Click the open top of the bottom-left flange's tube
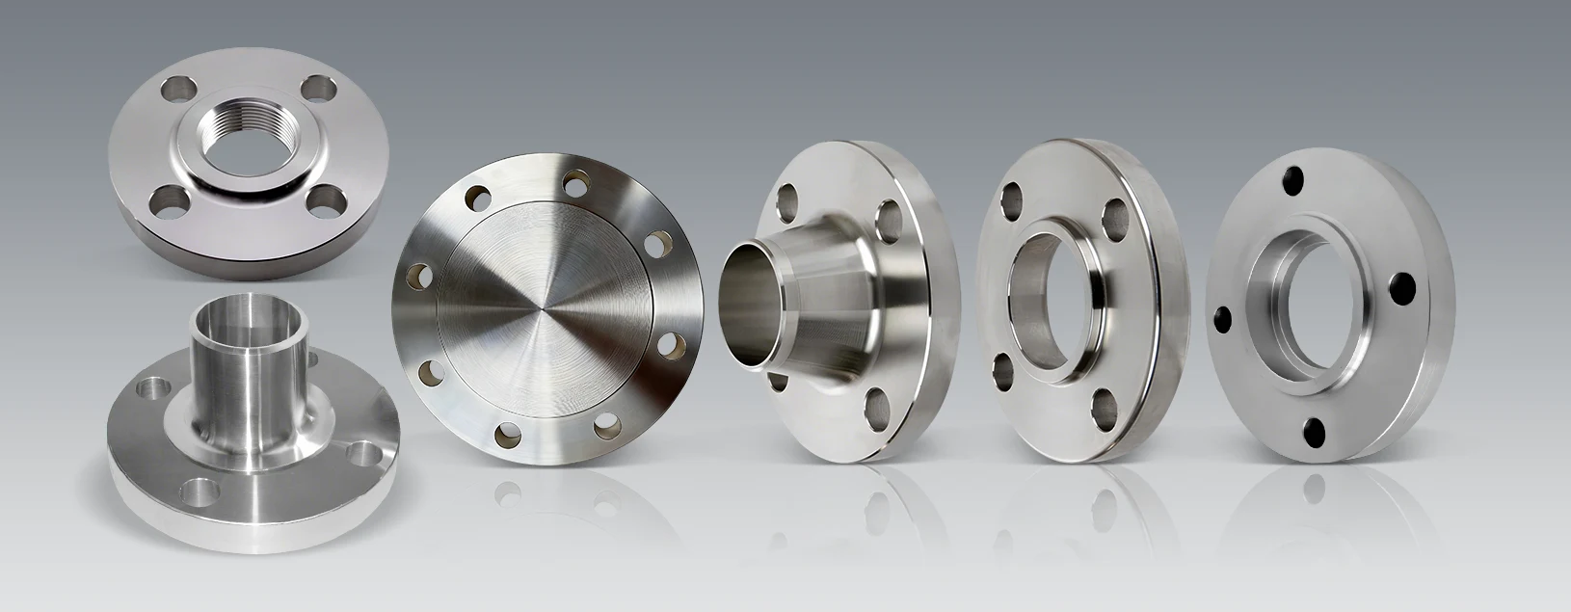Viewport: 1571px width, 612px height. coord(229,316)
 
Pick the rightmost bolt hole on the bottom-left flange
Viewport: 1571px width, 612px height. coord(366,451)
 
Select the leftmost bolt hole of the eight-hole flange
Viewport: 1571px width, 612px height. coord(415,276)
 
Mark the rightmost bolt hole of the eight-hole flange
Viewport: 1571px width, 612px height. coord(675,340)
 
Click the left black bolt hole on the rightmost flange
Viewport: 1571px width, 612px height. coord(1223,317)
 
